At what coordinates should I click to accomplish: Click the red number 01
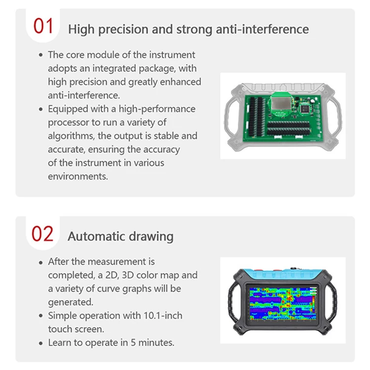point(43,26)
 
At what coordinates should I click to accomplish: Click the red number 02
point(42,233)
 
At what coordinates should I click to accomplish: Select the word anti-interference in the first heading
point(262,29)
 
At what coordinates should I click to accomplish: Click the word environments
point(77,176)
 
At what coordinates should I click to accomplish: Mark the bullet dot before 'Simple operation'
point(40,316)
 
